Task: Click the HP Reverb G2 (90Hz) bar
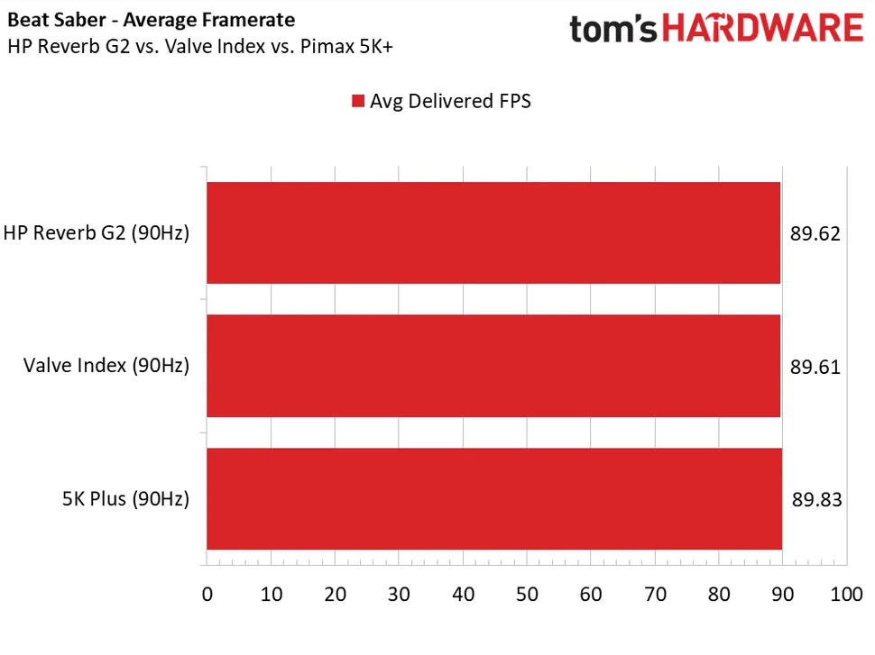[x=493, y=233]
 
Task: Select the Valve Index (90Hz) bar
[x=493, y=366]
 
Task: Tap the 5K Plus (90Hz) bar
[x=493, y=498]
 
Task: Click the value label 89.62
[x=815, y=234]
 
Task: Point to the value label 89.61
[x=815, y=367]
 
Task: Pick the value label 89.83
[x=815, y=499]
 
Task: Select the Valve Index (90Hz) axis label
[x=106, y=367]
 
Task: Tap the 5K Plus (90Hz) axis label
[x=125, y=499]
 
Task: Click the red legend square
[x=358, y=101]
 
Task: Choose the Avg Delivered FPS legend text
[x=450, y=101]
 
